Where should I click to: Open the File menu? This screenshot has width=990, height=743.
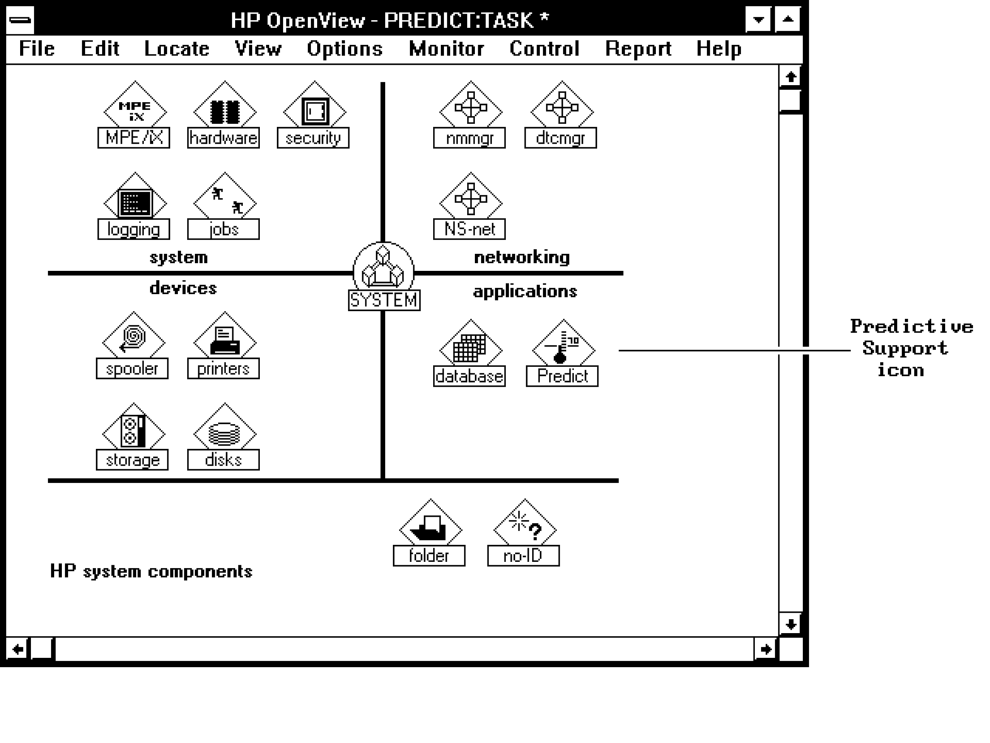(36, 48)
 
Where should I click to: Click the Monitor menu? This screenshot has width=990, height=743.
(446, 48)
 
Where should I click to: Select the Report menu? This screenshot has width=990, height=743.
(638, 48)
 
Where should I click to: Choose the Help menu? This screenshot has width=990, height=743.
(719, 48)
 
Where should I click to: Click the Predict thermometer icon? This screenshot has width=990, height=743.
(563, 344)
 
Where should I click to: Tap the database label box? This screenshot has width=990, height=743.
(469, 376)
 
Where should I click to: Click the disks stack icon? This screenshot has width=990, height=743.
(224, 428)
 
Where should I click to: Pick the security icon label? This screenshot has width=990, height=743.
(313, 138)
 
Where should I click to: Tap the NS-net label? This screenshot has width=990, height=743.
(469, 229)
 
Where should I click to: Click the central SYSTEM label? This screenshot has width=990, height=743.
(384, 300)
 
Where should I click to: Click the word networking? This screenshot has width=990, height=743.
(522, 257)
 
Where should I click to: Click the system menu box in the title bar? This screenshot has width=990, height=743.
(20, 20)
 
